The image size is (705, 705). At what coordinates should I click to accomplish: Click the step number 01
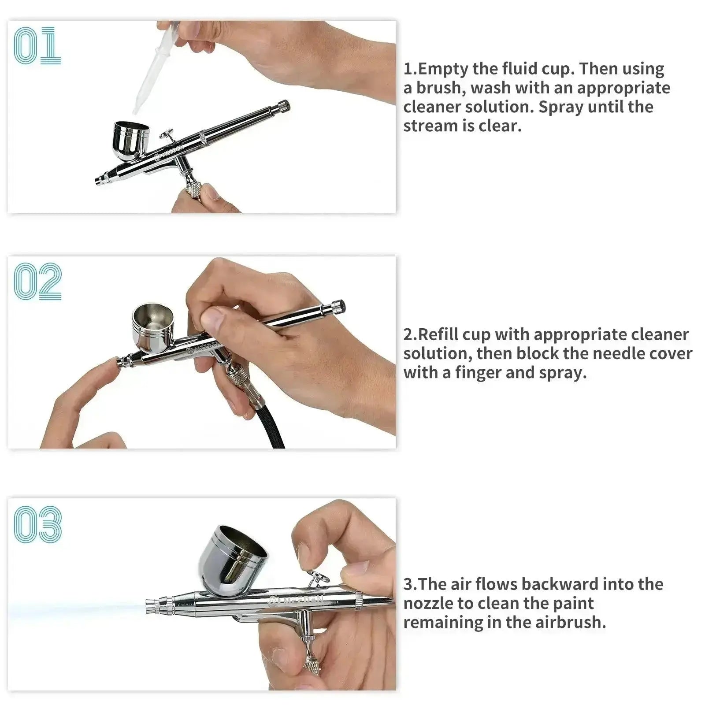point(37,45)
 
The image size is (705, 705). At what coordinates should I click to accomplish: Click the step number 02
point(37,282)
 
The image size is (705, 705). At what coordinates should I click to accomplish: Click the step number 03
point(38,524)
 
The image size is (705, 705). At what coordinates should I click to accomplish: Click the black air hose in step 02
point(264,414)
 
